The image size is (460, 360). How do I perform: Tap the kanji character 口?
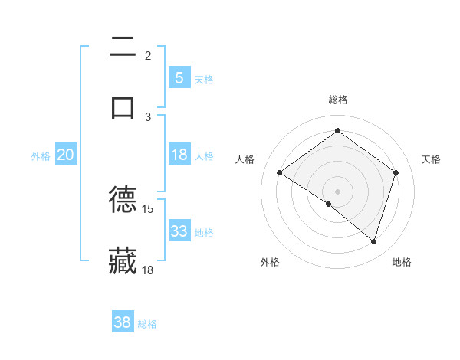click(123, 107)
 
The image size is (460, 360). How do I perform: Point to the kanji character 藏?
click(123, 261)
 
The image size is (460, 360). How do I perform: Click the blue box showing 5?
click(179, 77)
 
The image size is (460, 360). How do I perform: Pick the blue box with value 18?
click(179, 155)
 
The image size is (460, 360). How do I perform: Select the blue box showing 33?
click(179, 231)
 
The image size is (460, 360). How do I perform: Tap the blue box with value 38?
click(123, 322)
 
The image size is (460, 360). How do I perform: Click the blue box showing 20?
click(66, 155)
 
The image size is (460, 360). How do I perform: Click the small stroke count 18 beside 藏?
click(148, 270)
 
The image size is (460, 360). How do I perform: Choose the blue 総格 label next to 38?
click(147, 324)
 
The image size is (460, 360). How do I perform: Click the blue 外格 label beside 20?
click(41, 156)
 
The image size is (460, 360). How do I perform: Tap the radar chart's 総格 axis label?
click(338, 100)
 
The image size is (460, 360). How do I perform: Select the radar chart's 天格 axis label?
click(432, 159)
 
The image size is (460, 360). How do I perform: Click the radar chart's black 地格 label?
click(402, 262)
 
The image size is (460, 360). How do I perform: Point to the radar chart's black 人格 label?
click(245, 159)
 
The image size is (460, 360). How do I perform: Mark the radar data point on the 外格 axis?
click(329, 205)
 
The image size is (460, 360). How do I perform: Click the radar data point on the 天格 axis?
click(396, 172)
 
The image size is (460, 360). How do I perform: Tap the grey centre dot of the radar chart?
click(338, 191)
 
